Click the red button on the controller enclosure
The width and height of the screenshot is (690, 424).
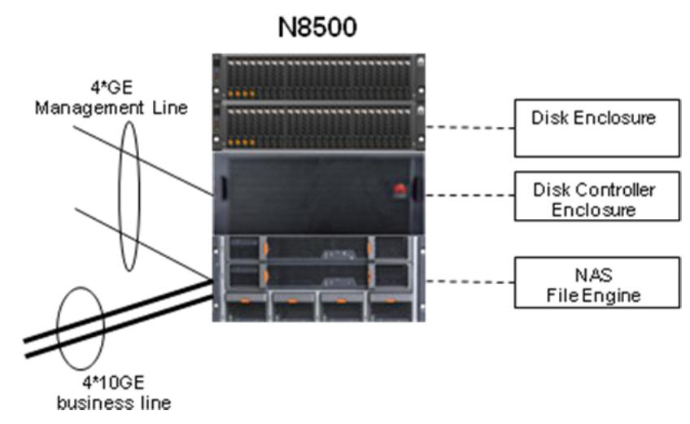pyautogui.click(x=399, y=190)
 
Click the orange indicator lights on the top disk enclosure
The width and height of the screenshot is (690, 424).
pyautogui.click(x=242, y=94)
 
